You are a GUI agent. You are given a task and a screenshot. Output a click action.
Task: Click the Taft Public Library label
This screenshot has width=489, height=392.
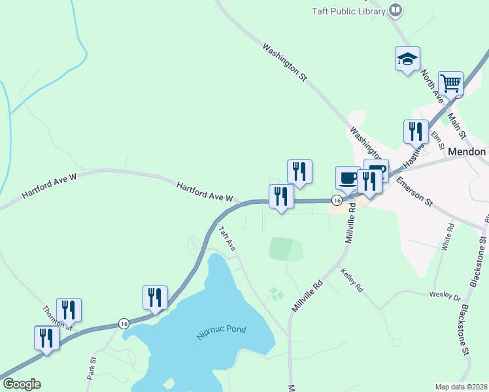[348, 10]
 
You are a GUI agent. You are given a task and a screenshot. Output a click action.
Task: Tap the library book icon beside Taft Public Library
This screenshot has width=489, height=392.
[395, 10]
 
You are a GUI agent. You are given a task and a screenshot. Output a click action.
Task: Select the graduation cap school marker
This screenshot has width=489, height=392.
[407, 59]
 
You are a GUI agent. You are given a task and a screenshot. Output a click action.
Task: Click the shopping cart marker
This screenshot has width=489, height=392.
[450, 84]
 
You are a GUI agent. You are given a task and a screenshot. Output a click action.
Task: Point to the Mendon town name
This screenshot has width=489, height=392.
[467, 152]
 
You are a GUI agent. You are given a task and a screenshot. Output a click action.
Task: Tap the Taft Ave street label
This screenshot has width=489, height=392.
[226, 239]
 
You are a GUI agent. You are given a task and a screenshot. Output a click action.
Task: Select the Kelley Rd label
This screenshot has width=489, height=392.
[352, 282]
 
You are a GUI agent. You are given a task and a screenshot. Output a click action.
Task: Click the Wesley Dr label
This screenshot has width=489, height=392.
[441, 295]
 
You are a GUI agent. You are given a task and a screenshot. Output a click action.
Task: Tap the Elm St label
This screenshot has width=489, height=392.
[438, 137]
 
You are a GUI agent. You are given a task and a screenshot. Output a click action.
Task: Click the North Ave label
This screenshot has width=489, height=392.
[431, 84]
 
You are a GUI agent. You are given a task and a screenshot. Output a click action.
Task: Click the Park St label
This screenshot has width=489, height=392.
[92, 368]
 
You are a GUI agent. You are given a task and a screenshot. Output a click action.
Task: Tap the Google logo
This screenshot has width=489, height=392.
[22, 384]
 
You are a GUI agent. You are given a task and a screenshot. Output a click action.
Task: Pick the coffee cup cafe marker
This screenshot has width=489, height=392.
[347, 177]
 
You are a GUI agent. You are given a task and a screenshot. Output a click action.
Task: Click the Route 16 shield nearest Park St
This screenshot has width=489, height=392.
[124, 323]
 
